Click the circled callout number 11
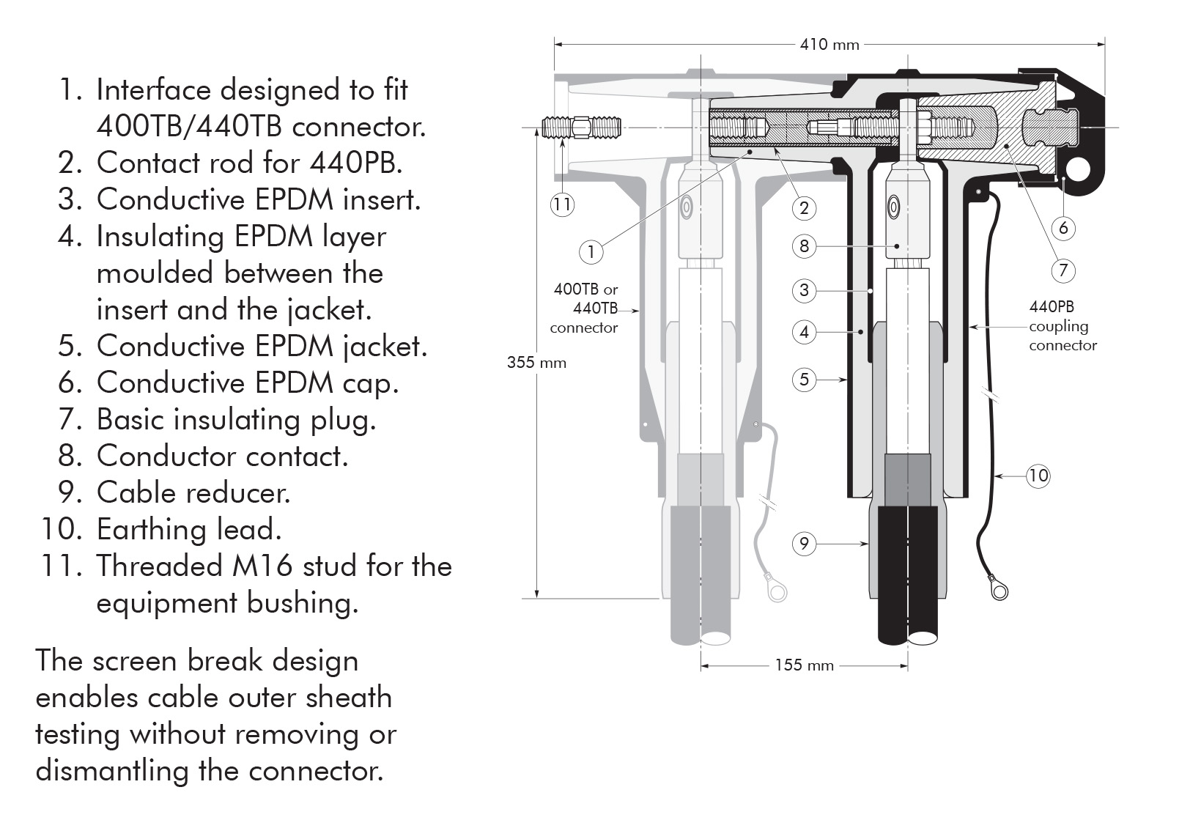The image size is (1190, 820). pyautogui.click(x=562, y=204)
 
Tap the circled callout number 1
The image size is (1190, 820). pyautogui.click(x=591, y=252)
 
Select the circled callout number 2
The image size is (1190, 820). pyautogui.click(x=804, y=208)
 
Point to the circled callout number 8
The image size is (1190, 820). pyautogui.click(x=804, y=245)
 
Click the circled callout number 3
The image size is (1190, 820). pyautogui.click(x=804, y=290)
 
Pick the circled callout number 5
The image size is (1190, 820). pyautogui.click(x=804, y=380)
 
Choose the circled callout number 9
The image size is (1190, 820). pyautogui.click(x=804, y=544)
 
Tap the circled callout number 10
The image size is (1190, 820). pyautogui.click(x=1038, y=476)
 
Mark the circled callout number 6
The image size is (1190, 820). pyautogui.click(x=1063, y=228)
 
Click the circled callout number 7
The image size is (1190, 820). pyautogui.click(x=1063, y=270)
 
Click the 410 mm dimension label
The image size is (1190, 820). pyautogui.click(x=829, y=45)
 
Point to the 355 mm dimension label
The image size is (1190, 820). pyautogui.click(x=536, y=363)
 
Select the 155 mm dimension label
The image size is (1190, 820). pyautogui.click(x=804, y=665)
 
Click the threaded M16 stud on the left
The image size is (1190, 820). pyautogui.click(x=583, y=128)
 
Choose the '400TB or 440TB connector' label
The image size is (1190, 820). pyautogui.click(x=585, y=309)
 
